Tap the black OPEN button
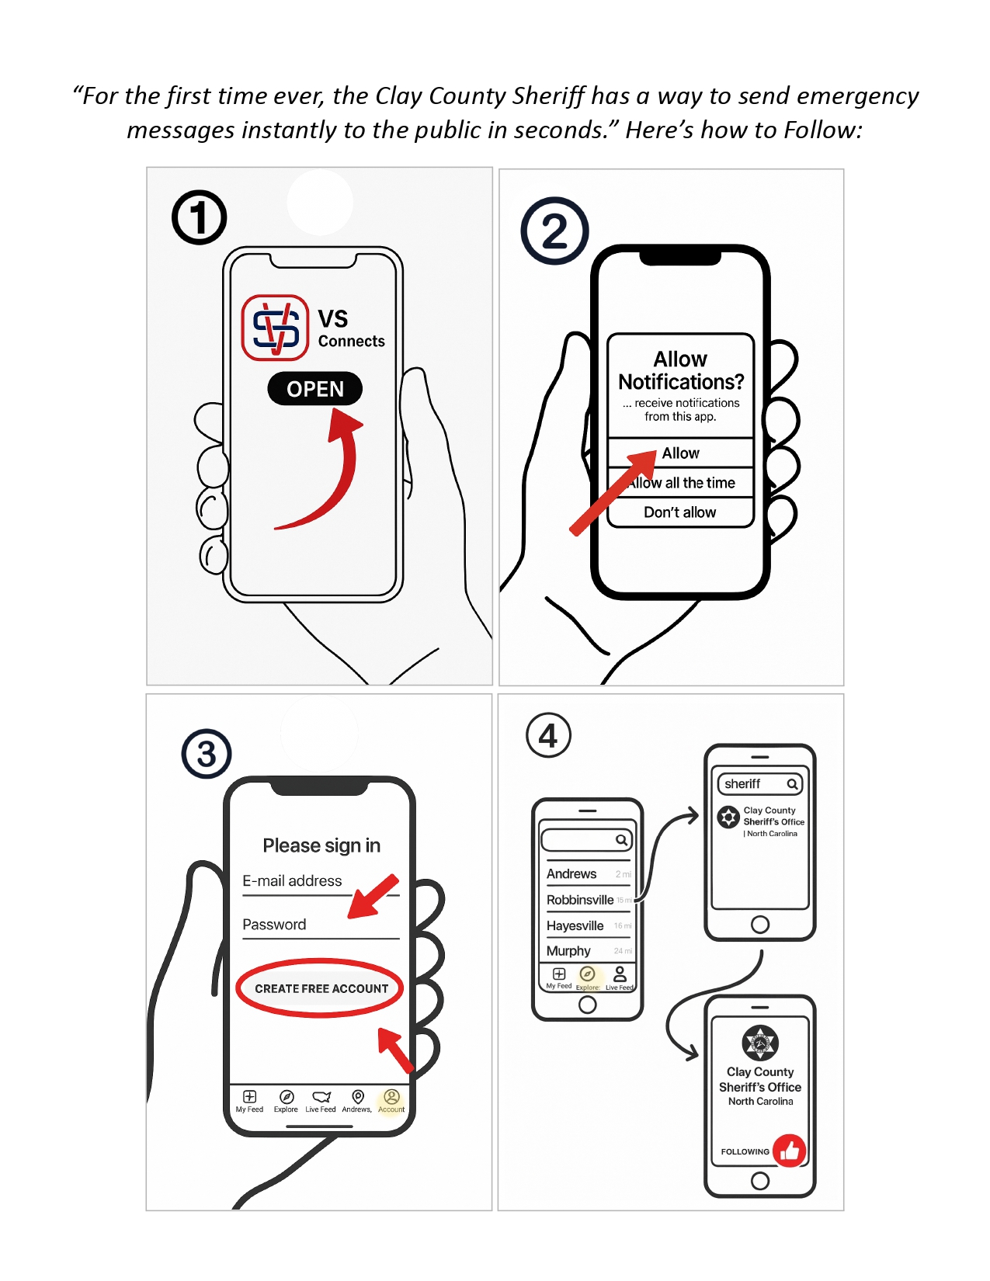[314, 389]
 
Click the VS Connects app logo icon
[275, 328]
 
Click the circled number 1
[200, 217]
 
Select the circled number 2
[554, 231]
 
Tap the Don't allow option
[679, 512]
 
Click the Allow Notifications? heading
[680, 370]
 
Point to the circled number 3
[207, 754]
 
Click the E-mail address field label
[292, 881]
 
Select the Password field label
[274, 925]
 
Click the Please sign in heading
[321, 845]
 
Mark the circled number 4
[548, 735]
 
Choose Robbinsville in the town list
[580, 900]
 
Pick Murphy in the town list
[568, 951]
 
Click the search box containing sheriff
[759, 784]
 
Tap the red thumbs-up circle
[790, 1151]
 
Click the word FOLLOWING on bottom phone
[745, 1152]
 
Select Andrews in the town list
[571, 874]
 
